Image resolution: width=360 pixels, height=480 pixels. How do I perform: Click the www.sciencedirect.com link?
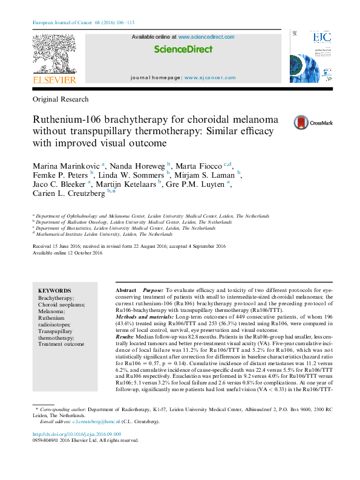click(206, 37)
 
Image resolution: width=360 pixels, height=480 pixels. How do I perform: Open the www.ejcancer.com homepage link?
click(210, 78)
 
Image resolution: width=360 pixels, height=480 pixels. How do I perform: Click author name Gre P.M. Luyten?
click(199, 184)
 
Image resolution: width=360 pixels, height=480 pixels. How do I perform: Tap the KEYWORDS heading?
click(54, 291)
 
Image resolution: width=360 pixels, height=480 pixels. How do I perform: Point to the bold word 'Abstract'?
click(126, 291)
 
